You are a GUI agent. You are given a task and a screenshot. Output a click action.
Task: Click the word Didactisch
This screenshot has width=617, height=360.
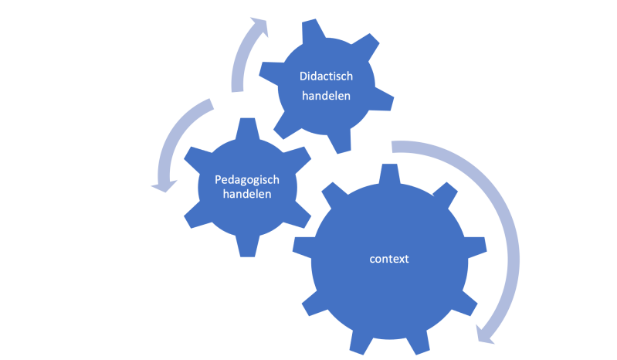pyautogui.click(x=326, y=76)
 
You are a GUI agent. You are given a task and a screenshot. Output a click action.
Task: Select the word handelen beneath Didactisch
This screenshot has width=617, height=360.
pyautogui.click(x=326, y=96)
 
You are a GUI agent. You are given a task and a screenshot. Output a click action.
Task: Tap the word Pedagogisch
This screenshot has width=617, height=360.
pyautogui.click(x=247, y=180)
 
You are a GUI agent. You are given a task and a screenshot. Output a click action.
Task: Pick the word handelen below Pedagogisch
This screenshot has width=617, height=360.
pyautogui.click(x=247, y=194)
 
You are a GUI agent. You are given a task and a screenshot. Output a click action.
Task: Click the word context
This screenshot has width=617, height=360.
pyautogui.click(x=389, y=259)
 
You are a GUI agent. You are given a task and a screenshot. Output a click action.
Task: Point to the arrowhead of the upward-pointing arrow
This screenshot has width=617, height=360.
pyautogui.click(x=259, y=26)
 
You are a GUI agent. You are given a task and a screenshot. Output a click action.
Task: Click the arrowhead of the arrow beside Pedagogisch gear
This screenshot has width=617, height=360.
pyautogui.click(x=164, y=186)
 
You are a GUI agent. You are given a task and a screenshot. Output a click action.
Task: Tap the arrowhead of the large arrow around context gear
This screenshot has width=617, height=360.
pyautogui.click(x=484, y=335)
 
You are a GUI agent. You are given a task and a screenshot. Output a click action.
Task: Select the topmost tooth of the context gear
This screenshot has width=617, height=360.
pyautogui.click(x=389, y=174)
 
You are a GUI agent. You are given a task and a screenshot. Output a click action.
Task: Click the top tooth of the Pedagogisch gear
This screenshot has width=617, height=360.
pyautogui.click(x=248, y=128)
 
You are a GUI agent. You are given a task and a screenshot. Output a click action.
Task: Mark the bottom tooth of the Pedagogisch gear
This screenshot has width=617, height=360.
pyautogui.click(x=248, y=246)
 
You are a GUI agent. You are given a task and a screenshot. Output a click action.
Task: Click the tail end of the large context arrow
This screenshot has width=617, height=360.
pyautogui.click(x=392, y=146)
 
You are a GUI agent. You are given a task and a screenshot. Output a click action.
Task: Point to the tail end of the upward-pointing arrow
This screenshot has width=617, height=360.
pyautogui.click(x=237, y=87)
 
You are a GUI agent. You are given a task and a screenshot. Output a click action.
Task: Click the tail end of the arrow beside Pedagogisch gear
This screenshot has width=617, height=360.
pyautogui.click(x=210, y=104)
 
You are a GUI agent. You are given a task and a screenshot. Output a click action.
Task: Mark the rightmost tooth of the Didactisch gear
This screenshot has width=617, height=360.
pyautogui.click(x=382, y=99)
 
